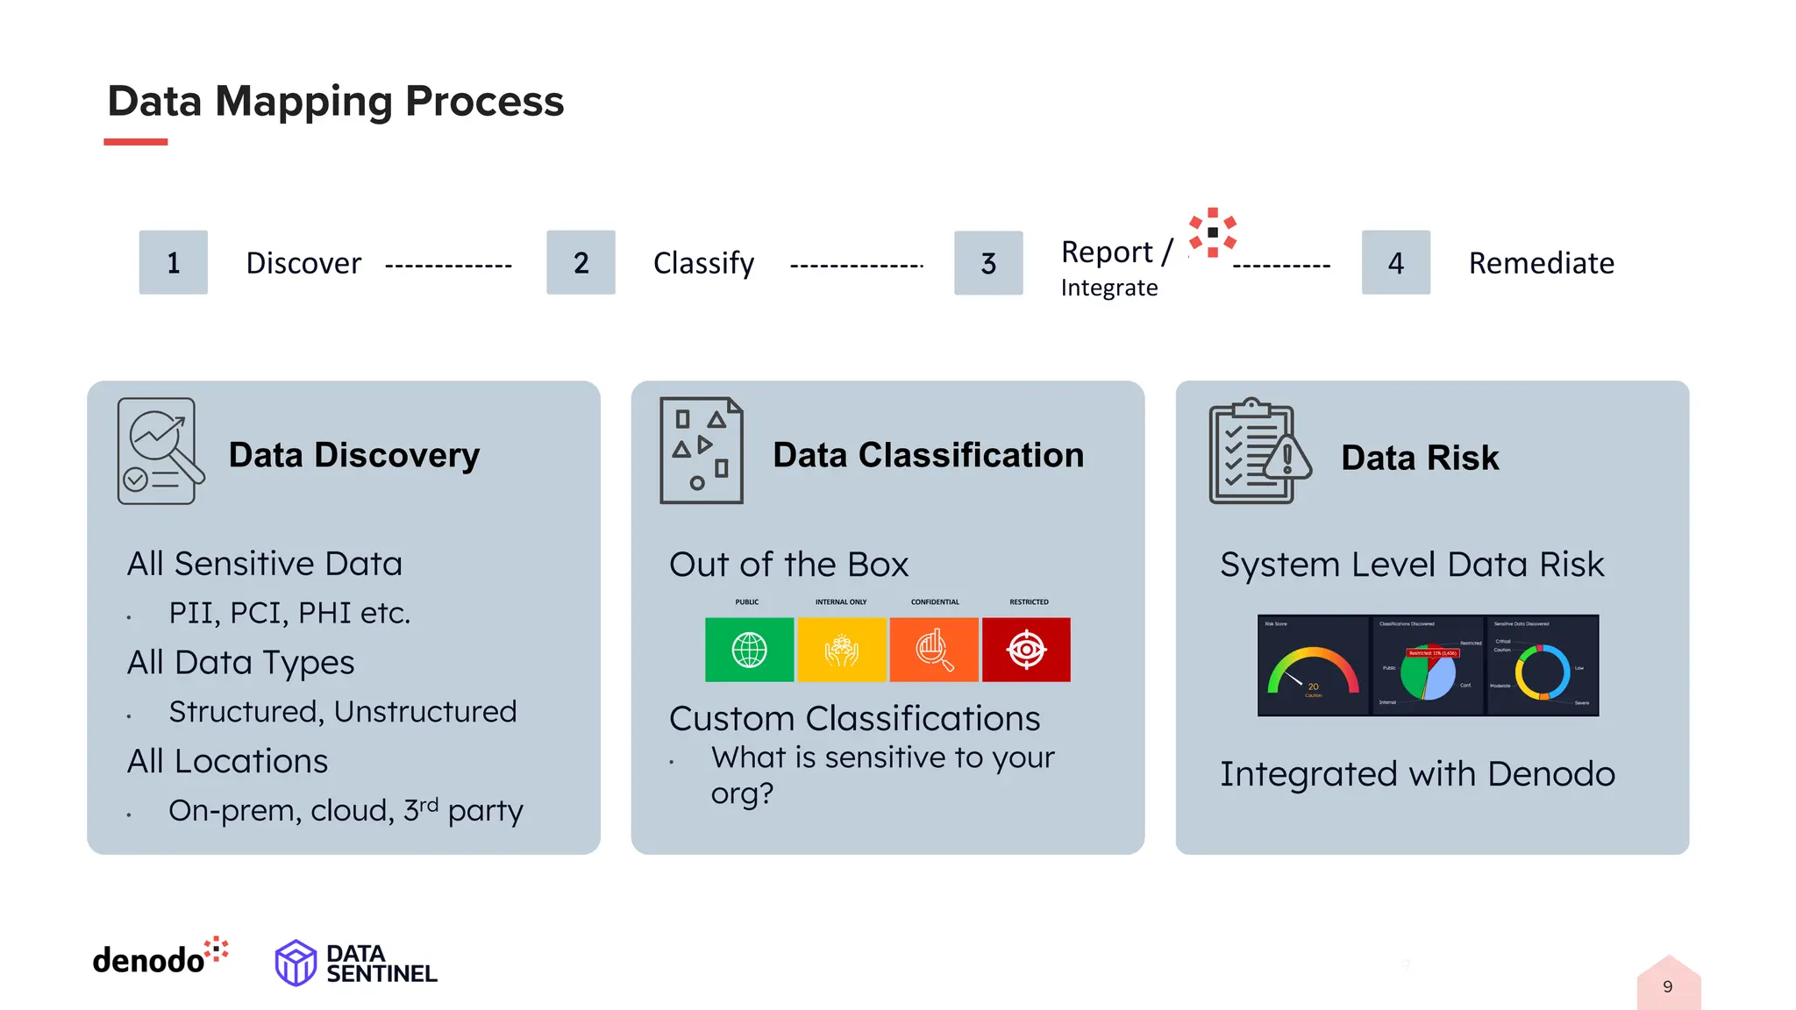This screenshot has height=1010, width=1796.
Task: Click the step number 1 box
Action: (173, 262)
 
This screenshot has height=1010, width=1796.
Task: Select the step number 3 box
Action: (987, 263)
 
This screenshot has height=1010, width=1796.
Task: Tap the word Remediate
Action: (1541, 263)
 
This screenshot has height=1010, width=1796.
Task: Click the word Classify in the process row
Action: (703, 263)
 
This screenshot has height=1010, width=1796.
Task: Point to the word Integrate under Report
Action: (1108, 288)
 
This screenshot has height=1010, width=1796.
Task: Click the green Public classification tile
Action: (749, 650)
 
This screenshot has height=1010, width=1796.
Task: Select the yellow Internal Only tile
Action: (841, 650)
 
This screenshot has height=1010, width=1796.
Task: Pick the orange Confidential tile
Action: (934, 650)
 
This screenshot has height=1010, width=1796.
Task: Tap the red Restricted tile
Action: (1026, 650)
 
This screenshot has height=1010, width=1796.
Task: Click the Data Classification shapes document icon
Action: (701, 451)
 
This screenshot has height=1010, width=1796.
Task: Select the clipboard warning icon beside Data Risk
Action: (1258, 452)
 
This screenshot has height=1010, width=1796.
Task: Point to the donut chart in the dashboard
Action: (1543, 672)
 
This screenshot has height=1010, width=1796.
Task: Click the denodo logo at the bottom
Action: (159, 957)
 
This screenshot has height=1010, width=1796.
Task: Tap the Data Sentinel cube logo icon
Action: (296, 963)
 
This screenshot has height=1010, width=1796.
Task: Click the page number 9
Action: (1667, 987)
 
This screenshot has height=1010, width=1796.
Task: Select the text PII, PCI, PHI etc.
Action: (289, 613)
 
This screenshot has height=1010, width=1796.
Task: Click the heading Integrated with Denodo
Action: (1416, 774)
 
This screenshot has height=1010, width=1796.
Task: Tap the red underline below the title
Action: (135, 142)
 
